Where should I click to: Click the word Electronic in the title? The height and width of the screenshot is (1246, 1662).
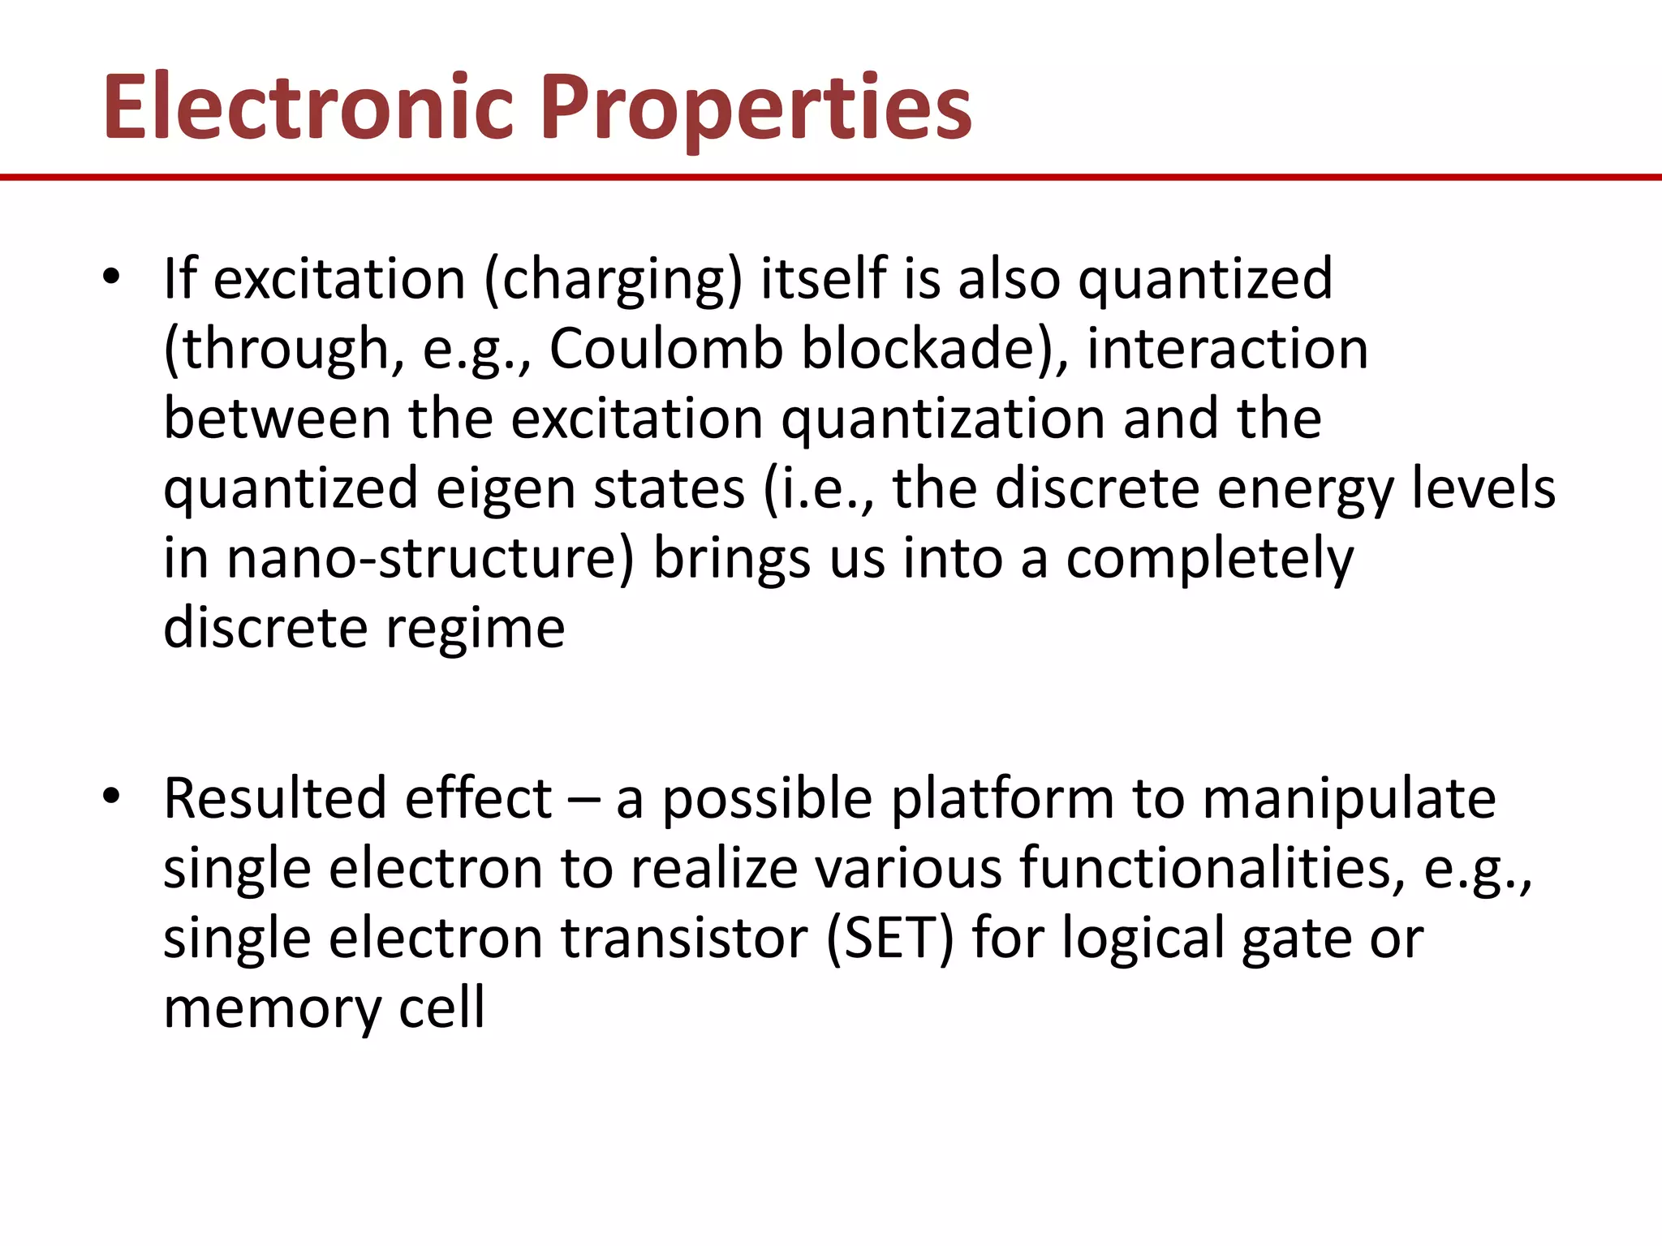[x=308, y=108]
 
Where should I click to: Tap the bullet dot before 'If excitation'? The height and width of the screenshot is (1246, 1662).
[x=111, y=277]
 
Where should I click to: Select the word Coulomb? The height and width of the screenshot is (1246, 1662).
[x=665, y=349]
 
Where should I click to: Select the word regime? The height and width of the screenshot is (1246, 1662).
[x=474, y=629]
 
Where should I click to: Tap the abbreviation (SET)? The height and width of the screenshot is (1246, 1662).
[x=889, y=939]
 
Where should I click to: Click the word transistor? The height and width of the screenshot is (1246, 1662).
[x=683, y=939]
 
